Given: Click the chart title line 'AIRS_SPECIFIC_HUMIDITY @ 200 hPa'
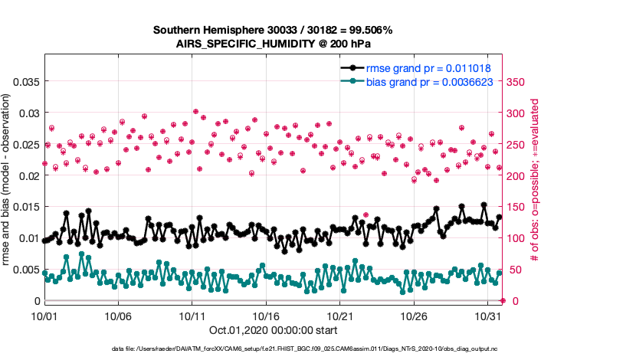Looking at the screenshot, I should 273,44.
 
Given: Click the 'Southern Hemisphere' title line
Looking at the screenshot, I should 273,31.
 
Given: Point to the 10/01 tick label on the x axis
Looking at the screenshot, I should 44,315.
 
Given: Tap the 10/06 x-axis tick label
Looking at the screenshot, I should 119,315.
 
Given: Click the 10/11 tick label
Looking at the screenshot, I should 192,315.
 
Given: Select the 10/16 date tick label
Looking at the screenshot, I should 267,315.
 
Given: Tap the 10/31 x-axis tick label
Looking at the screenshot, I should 488,315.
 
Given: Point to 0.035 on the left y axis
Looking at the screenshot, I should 26,81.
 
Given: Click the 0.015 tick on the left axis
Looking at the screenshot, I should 26,207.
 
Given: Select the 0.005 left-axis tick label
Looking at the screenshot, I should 26,270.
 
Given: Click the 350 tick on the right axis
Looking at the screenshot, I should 518,81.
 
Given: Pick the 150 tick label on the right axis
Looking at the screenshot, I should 518,207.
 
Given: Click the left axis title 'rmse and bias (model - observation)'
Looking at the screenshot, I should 7,181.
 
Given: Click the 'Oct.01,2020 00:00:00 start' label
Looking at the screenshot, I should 273,331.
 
